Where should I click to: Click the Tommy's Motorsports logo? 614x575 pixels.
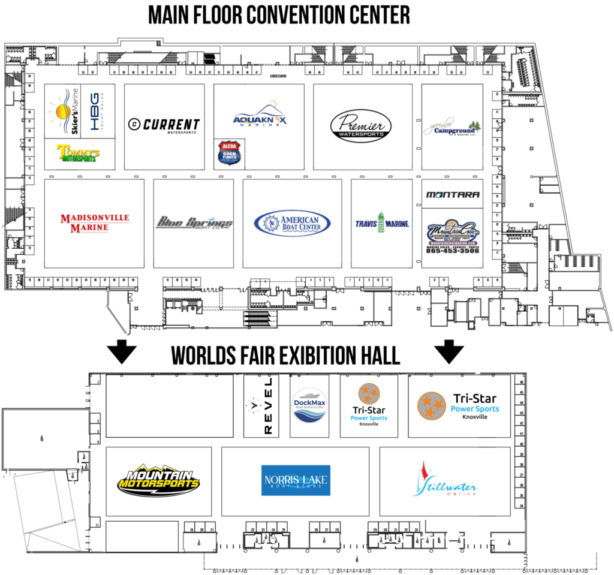(x=77, y=153)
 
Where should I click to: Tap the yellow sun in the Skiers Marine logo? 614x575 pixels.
(x=62, y=112)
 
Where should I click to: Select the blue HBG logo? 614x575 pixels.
(x=96, y=112)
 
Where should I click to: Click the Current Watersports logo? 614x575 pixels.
(x=164, y=125)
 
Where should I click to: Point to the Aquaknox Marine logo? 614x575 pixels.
(x=260, y=115)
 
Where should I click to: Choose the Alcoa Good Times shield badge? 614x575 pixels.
(x=229, y=153)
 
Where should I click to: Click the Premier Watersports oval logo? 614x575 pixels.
(x=361, y=126)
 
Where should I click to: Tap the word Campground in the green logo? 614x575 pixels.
(x=454, y=130)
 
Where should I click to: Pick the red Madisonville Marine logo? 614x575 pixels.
(x=95, y=222)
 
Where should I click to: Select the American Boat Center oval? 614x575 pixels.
(x=292, y=223)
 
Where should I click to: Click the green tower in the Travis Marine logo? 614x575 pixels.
(x=381, y=221)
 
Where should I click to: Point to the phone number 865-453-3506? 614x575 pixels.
(x=453, y=250)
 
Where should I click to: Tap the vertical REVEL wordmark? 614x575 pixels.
(x=267, y=406)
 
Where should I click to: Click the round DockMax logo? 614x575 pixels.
(x=309, y=405)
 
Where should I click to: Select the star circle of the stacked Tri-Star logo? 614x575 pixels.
(x=369, y=394)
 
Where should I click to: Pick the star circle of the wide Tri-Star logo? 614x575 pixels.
(x=431, y=406)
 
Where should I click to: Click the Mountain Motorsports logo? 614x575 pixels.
(x=158, y=480)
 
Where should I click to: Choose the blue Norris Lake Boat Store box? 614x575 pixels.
(x=296, y=480)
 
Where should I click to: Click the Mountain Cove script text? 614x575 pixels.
(x=453, y=230)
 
